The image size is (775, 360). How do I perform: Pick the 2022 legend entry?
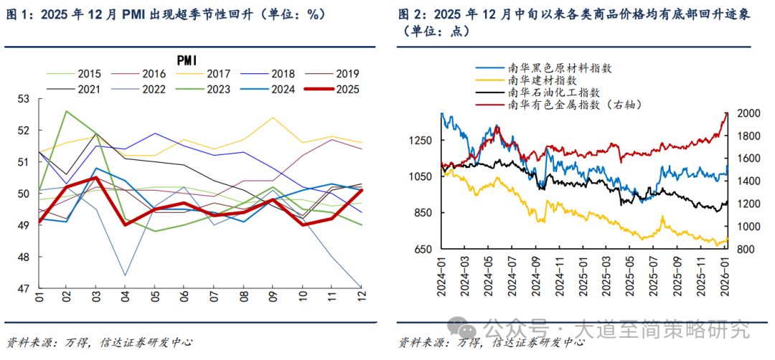click(x=155, y=90)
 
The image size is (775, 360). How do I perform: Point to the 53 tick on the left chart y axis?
click(x=23, y=99)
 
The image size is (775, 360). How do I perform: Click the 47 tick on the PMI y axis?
click(x=23, y=288)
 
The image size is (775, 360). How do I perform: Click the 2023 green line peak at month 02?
click(x=67, y=111)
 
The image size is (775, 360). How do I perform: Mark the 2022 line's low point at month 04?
click(x=126, y=275)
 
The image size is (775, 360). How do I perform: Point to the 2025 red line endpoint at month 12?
click(x=361, y=190)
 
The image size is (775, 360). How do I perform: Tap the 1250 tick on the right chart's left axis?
click(x=420, y=141)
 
